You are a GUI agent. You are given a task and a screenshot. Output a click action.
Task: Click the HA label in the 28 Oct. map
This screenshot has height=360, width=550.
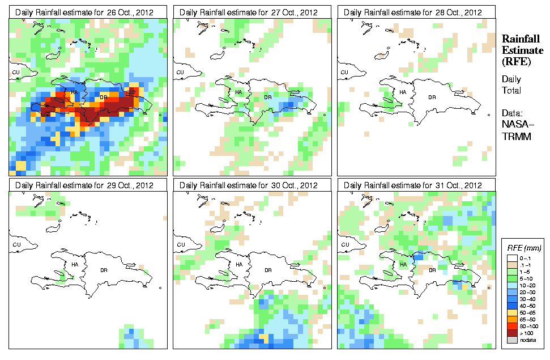click(x=403, y=92)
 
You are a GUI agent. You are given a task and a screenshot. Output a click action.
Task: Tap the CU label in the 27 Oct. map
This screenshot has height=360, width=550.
click(x=180, y=73)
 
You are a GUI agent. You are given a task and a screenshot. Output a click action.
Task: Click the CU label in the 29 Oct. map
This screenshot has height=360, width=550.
click(x=16, y=245)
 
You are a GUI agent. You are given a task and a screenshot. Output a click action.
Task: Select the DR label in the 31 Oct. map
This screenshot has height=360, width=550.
click(x=432, y=270)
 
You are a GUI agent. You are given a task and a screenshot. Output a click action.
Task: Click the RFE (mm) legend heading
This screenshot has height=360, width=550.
click(x=524, y=247)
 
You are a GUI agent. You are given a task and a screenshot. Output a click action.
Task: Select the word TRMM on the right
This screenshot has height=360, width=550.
click(x=514, y=136)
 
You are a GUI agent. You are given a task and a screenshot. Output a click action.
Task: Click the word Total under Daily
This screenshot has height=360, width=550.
click(x=511, y=91)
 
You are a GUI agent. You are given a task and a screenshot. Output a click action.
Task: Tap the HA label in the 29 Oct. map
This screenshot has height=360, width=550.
click(x=74, y=265)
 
